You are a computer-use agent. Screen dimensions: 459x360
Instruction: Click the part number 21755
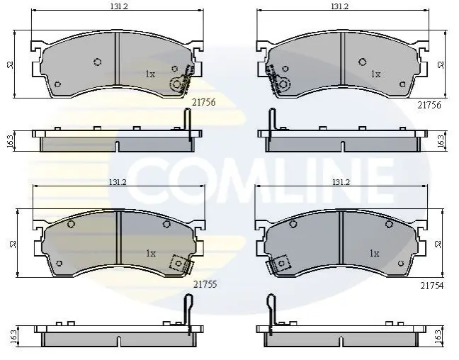(205, 284)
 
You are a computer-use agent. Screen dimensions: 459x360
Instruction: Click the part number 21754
(432, 286)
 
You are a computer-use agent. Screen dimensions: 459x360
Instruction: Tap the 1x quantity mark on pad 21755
(151, 254)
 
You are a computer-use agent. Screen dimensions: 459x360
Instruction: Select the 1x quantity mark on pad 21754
(375, 254)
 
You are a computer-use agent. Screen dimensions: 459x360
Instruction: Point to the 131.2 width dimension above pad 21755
(118, 182)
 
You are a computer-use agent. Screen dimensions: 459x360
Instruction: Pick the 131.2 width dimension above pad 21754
(341, 182)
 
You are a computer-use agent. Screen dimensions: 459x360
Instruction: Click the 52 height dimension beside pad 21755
(13, 244)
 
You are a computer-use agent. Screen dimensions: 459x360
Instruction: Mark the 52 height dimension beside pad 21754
(438, 244)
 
